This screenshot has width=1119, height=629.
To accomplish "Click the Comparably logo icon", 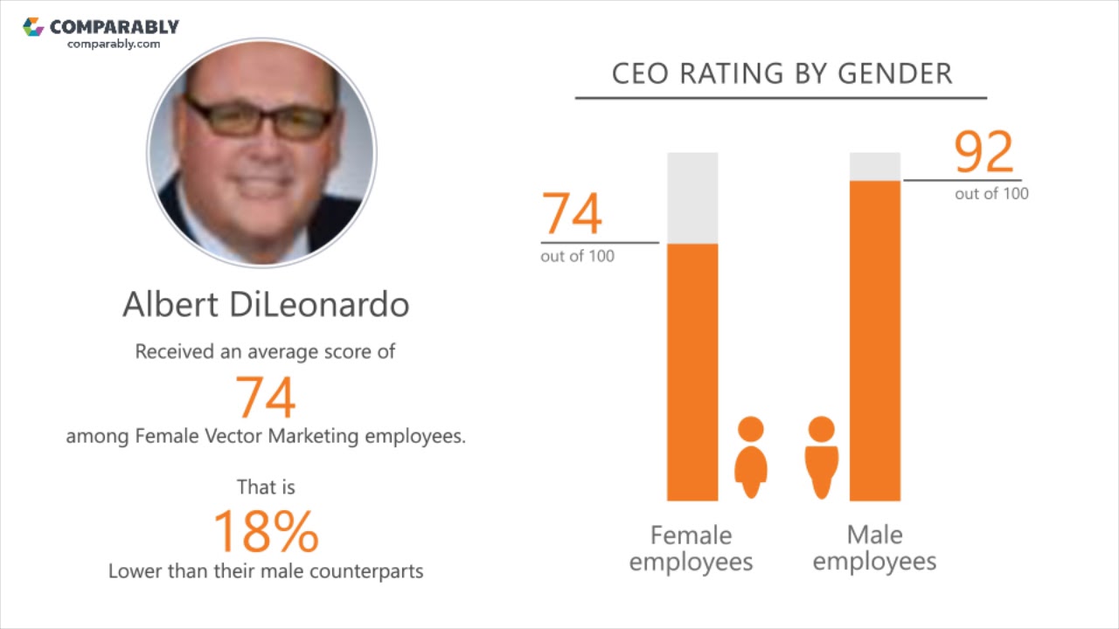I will [x=33, y=26].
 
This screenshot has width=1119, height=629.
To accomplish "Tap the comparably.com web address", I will [x=114, y=44].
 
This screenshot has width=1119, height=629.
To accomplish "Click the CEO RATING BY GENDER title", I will [x=782, y=73].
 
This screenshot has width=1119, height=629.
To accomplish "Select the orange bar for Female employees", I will [x=692, y=371].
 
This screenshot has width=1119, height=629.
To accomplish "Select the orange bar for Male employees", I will [x=875, y=341].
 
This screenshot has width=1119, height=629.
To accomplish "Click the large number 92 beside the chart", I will [x=984, y=153].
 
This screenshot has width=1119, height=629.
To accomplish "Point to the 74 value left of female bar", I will [x=573, y=214].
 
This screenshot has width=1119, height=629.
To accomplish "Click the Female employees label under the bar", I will [x=691, y=548].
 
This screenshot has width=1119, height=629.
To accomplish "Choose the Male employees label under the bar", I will [x=874, y=548].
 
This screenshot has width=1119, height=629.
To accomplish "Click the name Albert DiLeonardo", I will [x=266, y=304].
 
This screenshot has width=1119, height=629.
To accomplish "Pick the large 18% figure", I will [x=266, y=531].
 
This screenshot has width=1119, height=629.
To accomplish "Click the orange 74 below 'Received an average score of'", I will [x=266, y=397].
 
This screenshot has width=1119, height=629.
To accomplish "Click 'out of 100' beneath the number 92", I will [x=991, y=194].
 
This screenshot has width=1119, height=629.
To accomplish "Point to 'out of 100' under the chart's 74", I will [x=577, y=256].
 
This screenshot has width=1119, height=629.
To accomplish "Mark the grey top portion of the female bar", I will [x=692, y=197].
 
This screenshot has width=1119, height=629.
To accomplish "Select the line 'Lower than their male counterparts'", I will [x=266, y=571].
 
